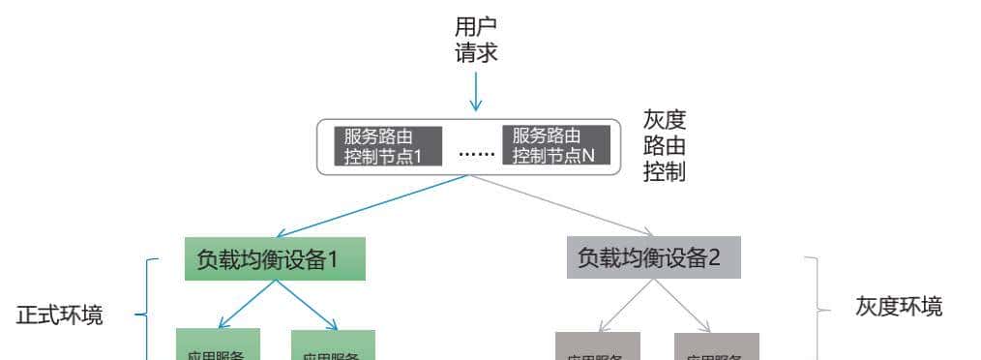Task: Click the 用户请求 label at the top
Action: pyautogui.click(x=476, y=39)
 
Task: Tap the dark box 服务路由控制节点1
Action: pyautogui.click(x=386, y=145)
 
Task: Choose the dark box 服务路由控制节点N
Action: pyautogui.click(x=555, y=145)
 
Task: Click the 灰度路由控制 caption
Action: pyautogui.click(x=665, y=145)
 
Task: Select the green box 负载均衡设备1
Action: pyautogui.click(x=275, y=258)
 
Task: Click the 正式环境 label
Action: pyautogui.click(x=60, y=315)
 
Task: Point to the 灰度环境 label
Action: pyautogui.click(x=899, y=307)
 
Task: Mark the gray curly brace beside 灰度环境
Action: pyautogui.click(x=817, y=308)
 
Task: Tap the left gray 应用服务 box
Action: pyautogui.click(x=597, y=347)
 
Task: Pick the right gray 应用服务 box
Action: pyautogui.click(x=716, y=347)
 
